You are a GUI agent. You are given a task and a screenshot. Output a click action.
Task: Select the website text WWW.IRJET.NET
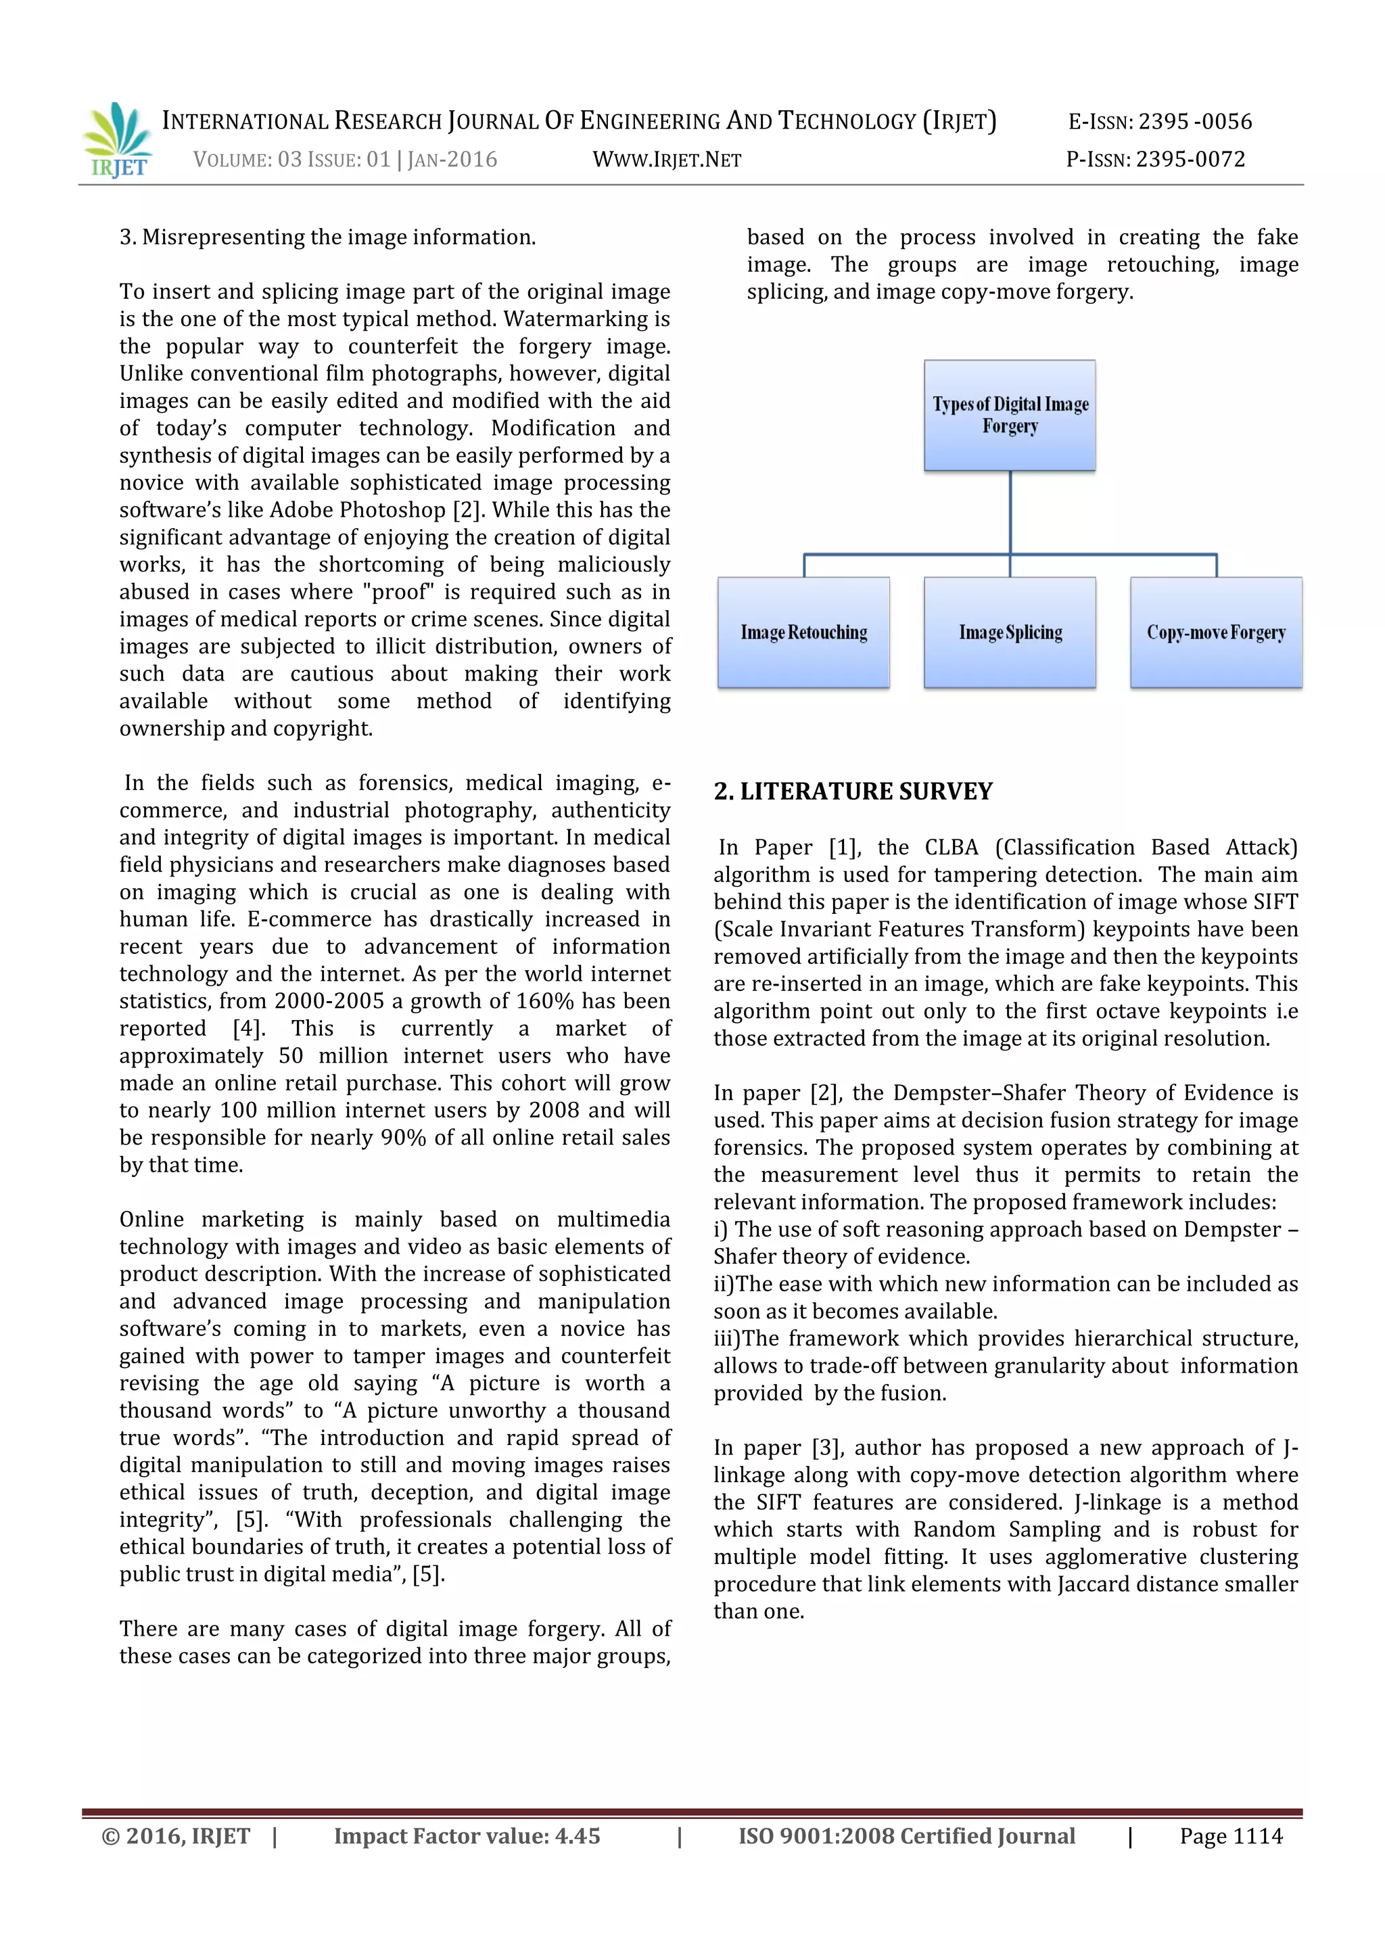tap(667, 160)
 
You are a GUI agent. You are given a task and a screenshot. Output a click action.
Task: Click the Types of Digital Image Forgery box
tap(1010, 415)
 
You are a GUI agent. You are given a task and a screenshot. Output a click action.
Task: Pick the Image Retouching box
tap(803, 632)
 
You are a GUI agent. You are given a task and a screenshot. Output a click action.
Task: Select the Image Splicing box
tap(1010, 632)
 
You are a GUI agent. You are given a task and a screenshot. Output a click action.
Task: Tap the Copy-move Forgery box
tap(1216, 632)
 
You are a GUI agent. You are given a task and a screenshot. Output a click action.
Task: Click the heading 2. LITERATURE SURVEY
tap(853, 792)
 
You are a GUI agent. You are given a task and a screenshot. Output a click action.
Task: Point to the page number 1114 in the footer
tap(1258, 1836)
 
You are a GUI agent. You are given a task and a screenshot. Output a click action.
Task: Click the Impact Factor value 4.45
tap(578, 1836)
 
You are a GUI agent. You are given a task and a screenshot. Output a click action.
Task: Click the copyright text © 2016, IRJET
tap(176, 1836)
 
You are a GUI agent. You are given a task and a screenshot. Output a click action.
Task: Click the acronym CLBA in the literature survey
tap(951, 847)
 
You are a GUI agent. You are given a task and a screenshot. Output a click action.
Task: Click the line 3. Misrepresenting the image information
tap(327, 237)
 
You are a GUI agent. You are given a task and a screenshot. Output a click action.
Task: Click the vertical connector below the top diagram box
tap(1010, 512)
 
